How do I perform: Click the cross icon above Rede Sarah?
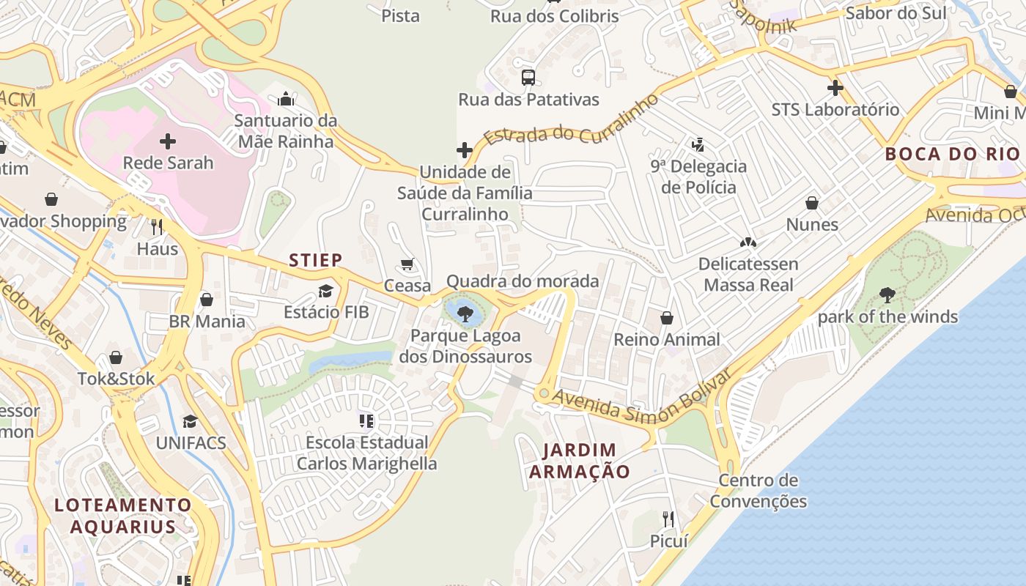pos(168,141)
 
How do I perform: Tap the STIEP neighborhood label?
pos(315,260)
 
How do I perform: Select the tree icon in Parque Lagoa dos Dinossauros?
pos(464,314)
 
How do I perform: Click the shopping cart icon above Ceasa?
pos(407,264)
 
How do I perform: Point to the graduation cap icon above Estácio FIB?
pos(326,291)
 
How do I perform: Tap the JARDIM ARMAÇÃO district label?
pos(580,461)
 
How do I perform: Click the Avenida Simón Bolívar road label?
pos(642,396)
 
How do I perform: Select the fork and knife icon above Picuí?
pos(668,519)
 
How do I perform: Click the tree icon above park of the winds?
pos(887,295)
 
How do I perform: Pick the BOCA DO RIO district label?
pos(952,154)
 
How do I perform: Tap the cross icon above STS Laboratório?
pos(835,88)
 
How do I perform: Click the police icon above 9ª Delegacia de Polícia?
pos(698,144)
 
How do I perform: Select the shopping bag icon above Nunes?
pos(812,202)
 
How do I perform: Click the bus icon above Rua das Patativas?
pos(528,77)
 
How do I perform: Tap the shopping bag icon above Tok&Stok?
pos(116,357)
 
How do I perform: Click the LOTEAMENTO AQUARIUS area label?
pos(123,516)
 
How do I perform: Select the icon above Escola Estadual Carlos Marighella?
pos(366,420)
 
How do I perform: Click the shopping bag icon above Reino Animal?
pos(667,317)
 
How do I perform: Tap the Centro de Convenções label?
pos(758,491)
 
